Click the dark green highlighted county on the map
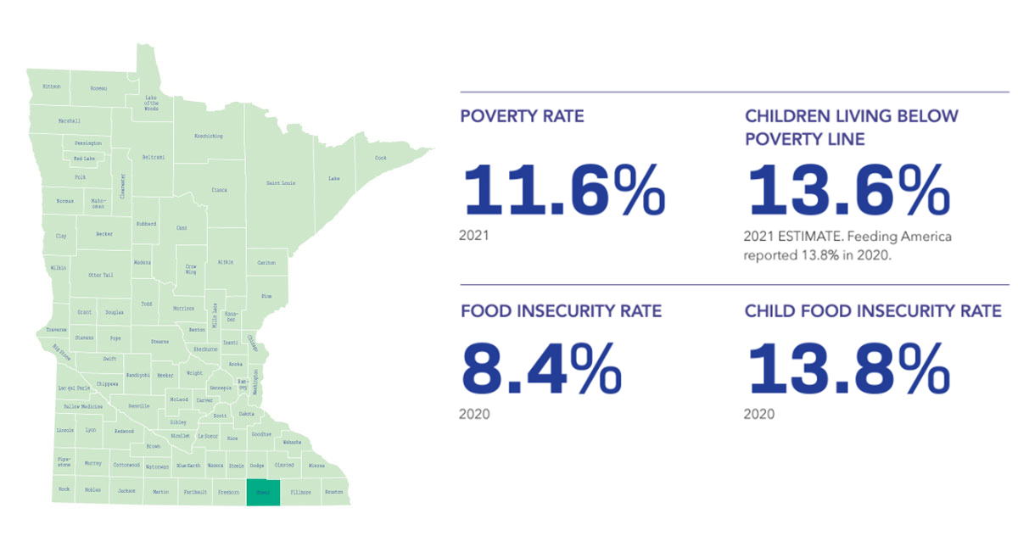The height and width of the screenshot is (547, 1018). (263, 493)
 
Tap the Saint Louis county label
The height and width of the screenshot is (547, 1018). (282, 183)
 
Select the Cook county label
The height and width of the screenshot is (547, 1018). (381, 158)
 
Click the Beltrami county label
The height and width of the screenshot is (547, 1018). (154, 158)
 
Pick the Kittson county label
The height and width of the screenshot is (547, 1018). (52, 87)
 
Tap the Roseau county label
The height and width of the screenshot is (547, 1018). (99, 87)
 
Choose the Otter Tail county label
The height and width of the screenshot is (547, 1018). (100, 275)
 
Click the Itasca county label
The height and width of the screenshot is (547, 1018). (219, 190)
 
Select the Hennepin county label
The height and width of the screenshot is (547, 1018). (221, 388)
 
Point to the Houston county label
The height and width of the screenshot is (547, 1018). (333, 492)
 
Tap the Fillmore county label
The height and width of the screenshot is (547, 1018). (300, 492)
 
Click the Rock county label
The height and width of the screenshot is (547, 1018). (64, 490)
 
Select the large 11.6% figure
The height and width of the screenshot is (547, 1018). (563, 190)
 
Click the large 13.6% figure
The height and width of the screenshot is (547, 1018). (847, 190)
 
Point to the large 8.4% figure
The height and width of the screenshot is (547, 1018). (541, 369)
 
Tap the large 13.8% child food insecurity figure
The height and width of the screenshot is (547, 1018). (847, 369)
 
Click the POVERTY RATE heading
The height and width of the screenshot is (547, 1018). (522, 116)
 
